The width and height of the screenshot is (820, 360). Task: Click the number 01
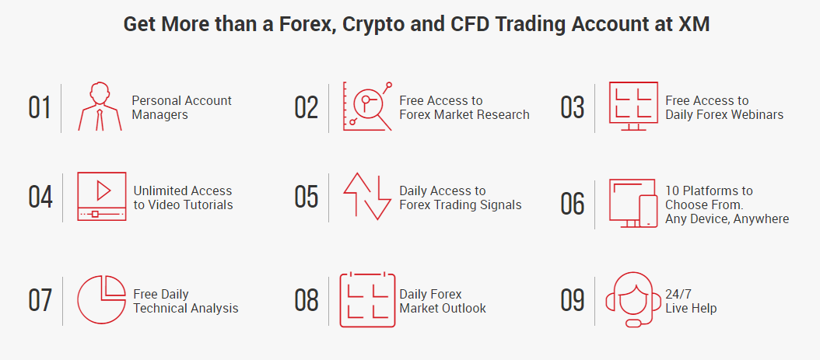tap(39, 107)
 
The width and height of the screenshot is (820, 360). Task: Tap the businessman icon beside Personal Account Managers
tap(100, 106)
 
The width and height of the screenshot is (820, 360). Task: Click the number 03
tap(572, 107)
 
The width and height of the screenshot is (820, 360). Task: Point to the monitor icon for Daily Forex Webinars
tap(633, 106)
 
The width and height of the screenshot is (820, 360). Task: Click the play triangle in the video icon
tap(103, 190)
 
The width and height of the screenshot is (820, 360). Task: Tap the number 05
tap(307, 197)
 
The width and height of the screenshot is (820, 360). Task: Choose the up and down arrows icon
tap(367, 197)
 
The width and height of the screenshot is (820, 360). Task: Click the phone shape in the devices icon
tap(649, 211)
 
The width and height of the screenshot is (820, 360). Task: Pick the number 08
tap(307, 300)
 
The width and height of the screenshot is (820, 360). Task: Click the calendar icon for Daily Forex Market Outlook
tap(367, 299)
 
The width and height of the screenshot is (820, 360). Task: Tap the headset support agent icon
tap(633, 299)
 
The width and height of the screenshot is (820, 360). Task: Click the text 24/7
tap(676, 294)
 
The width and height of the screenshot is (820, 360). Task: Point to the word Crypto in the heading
tap(375, 25)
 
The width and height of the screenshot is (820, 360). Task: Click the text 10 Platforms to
tap(709, 190)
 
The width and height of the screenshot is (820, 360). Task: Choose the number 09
tap(572, 300)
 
